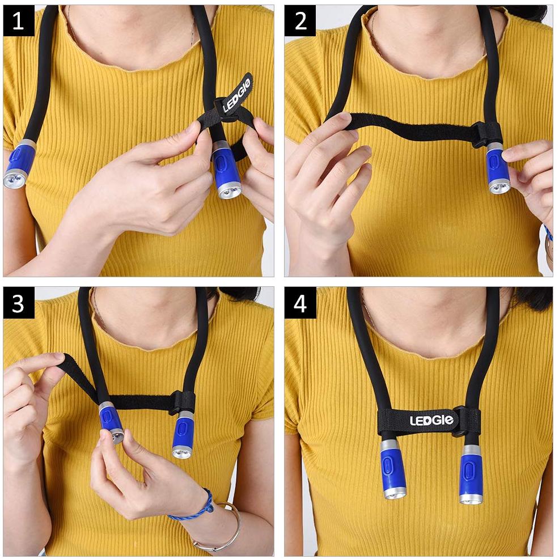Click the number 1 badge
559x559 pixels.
19,21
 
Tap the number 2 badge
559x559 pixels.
300,21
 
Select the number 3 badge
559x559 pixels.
19,303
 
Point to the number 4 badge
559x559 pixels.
300,303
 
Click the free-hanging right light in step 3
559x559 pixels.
183,434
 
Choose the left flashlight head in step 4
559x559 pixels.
392,468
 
